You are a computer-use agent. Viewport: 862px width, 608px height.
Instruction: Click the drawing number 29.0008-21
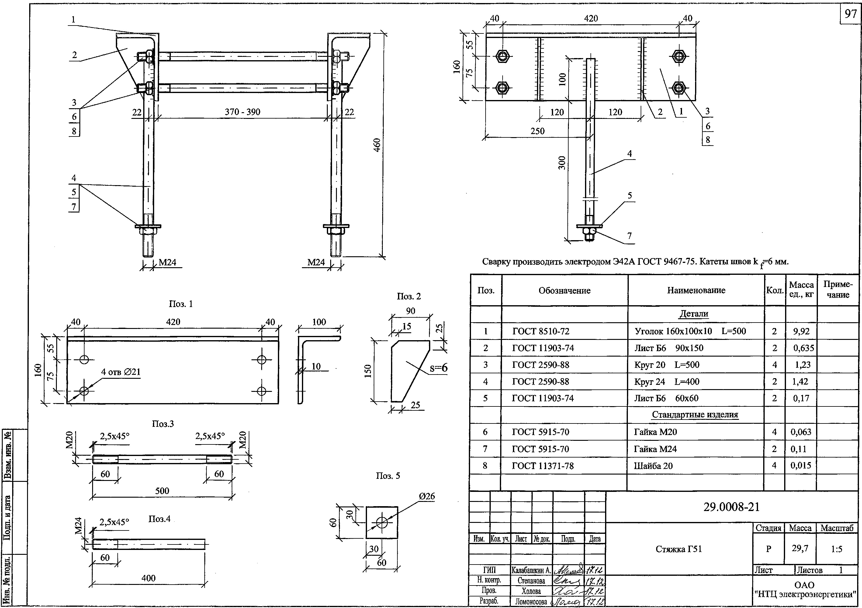(x=731, y=507)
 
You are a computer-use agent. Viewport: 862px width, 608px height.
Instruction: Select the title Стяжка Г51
(x=678, y=549)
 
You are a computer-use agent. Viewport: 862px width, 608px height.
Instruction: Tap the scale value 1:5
(x=836, y=549)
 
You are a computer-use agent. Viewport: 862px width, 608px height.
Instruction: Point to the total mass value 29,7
(x=800, y=548)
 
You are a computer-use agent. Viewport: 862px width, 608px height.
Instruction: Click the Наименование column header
(x=696, y=290)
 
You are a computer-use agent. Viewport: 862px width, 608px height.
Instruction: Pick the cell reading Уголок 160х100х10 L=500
(x=690, y=331)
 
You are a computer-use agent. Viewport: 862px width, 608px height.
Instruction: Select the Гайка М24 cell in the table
(x=655, y=449)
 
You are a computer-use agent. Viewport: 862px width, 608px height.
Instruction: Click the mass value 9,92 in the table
(x=801, y=331)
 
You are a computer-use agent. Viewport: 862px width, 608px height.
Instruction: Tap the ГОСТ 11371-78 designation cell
(x=542, y=466)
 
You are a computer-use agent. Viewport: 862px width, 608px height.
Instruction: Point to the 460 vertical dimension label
(x=377, y=145)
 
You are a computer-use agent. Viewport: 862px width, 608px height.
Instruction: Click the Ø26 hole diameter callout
(x=427, y=496)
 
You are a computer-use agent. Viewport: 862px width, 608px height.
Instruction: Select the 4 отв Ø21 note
(x=120, y=372)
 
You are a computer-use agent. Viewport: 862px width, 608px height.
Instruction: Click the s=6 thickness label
(x=438, y=368)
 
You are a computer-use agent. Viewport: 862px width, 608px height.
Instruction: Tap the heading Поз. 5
(x=388, y=476)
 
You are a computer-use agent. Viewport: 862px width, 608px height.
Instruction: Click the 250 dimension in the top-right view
(x=537, y=131)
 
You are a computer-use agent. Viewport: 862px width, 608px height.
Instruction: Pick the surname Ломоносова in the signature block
(x=531, y=602)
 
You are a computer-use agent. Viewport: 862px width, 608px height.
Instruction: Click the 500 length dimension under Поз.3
(x=162, y=491)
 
